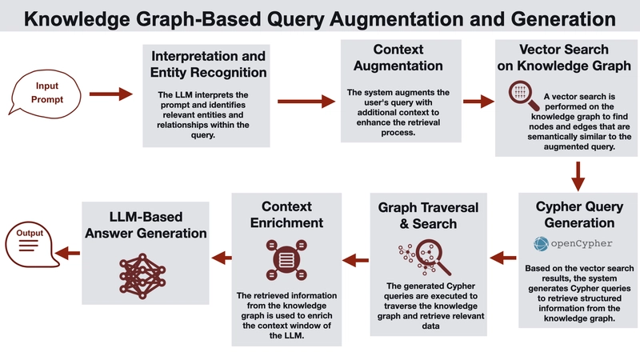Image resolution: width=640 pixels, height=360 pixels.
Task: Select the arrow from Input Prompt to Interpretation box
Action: coord(111,94)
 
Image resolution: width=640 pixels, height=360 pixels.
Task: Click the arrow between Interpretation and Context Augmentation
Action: coord(306,102)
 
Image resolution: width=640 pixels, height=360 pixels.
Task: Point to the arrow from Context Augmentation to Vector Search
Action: coord(478,102)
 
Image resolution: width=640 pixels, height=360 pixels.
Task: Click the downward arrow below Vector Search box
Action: coord(578,176)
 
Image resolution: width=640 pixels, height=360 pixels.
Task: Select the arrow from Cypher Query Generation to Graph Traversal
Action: coord(503,258)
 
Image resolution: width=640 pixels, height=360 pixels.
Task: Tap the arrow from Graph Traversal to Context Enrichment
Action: coord(355,259)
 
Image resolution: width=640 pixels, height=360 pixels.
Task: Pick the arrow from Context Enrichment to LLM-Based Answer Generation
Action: coord(222,258)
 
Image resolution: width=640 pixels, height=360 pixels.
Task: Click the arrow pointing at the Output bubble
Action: coord(67,253)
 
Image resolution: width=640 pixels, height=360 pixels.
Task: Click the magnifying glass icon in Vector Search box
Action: coord(524,95)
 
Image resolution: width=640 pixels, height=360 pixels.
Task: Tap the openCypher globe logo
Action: coord(541,244)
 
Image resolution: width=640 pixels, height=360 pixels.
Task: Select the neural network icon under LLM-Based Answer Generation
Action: coord(142,276)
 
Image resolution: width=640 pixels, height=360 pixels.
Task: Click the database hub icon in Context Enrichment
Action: coord(286,260)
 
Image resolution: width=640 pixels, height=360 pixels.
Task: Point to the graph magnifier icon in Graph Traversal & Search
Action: coord(425,257)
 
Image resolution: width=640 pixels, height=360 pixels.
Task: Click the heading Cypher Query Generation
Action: coord(579,214)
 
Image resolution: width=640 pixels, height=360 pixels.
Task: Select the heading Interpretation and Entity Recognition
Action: coord(208,64)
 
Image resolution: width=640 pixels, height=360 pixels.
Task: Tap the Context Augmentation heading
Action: coord(398,58)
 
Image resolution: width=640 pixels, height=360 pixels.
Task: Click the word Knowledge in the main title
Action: coord(77,19)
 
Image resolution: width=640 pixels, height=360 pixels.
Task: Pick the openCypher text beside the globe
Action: coord(582,244)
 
